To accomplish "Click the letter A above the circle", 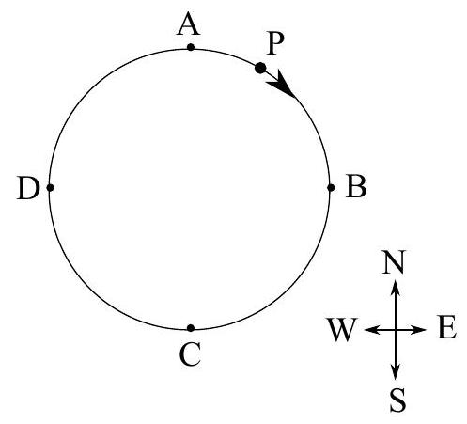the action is pos(188,24).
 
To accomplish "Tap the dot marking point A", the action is pos(191,47).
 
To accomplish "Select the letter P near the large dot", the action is pos(275,43).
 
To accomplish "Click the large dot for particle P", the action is pos(260,68).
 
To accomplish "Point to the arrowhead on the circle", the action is pos(281,84).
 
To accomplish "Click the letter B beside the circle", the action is pos(356,186).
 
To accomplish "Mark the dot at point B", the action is pos(331,188).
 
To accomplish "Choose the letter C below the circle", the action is pos(190,354).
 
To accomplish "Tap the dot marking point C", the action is pos(191,328).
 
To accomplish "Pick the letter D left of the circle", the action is pos(28,188).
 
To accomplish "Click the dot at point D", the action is pos(50,188).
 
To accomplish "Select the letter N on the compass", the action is pos(395,261).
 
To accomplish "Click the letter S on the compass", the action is pos(397,400).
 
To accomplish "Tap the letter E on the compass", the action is pos(446,328).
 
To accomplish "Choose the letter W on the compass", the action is pos(342,329).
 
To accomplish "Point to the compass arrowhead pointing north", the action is pos(396,288).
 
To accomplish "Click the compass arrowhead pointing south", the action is pos(396,372).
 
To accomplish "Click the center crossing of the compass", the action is pos(396,330).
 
